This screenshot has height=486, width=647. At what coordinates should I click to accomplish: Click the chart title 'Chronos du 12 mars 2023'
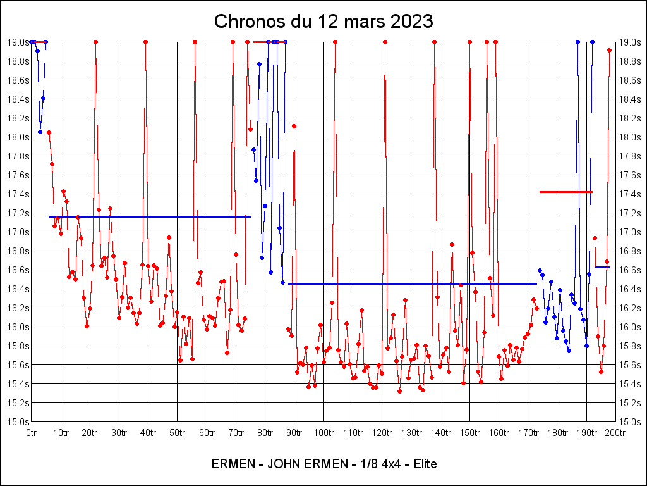tap(323, 21)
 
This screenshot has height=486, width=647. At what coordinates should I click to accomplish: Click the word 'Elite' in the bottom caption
tap(421, 464)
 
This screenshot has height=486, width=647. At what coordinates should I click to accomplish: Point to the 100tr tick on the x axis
tap(323, 433)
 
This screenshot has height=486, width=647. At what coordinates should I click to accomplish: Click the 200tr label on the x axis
tap(615, 433)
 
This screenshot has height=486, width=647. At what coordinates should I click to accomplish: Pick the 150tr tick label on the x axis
tap(469, 433)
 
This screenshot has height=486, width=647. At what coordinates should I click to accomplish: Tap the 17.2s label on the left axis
tap(18, 213)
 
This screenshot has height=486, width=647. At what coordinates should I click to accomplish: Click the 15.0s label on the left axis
tap(18, 422)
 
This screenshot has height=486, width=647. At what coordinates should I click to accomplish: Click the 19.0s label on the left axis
tap(18, 42)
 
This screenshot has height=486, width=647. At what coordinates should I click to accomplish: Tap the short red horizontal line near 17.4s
tap(565, 192)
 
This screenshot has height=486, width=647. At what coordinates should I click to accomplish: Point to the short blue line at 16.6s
tap(602, 268)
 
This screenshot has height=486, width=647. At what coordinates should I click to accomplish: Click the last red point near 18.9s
tap(609, 50)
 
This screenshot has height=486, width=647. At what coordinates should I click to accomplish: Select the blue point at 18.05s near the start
tap(40, 132)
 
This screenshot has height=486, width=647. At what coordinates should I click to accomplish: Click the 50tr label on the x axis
tap(178, 433)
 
